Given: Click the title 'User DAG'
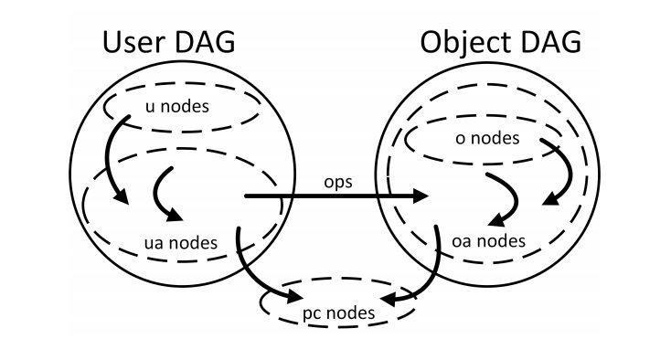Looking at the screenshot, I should (168, 44).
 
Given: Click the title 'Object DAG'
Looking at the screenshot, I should (500, 44).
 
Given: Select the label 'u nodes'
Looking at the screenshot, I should (177, 107).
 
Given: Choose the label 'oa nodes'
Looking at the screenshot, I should (489, 241).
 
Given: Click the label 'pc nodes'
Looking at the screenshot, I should (338, 313).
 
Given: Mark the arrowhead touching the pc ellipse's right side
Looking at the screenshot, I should (390, 300).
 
